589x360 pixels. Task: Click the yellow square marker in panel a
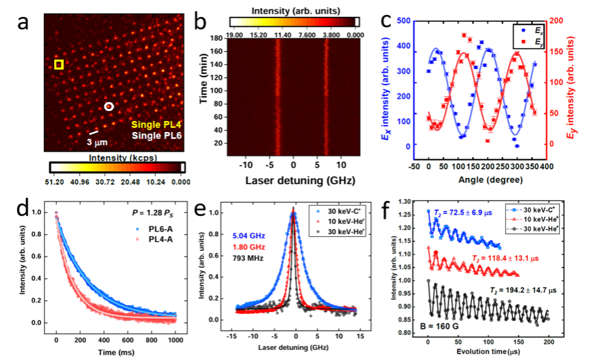pos(59,64)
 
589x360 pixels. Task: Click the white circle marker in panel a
pos(110,107)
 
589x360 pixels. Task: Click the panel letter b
pos(201,22)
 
